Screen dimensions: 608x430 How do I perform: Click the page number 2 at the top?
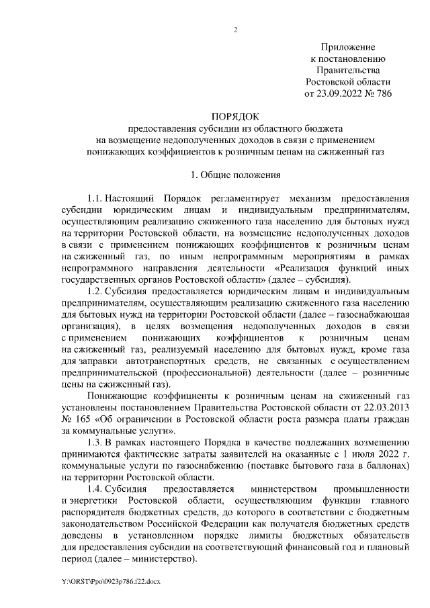pyautogui.click(x=235, y=29)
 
